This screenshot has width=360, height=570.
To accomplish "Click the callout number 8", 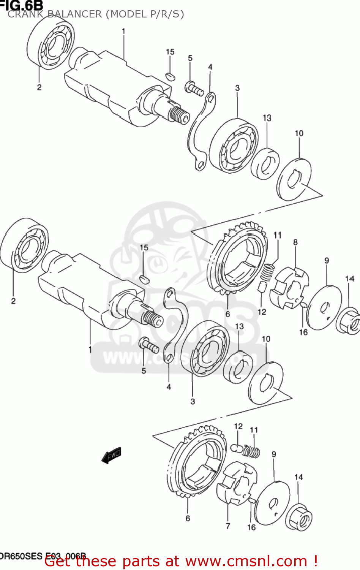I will tap(295, 242).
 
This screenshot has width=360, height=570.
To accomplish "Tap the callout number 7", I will tap(227, 526).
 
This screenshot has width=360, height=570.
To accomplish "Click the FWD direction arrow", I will tap(111, 454).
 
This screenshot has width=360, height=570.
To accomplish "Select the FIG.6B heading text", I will tap(22, 5).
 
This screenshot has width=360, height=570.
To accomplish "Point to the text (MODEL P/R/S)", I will tap(145, 14).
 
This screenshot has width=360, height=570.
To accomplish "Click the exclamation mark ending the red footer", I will tap(315, 561).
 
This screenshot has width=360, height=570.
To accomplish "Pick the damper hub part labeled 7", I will tap(236, 483).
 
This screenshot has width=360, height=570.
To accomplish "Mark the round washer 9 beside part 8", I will tap(324, 307).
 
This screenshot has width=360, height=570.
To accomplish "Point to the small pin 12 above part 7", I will tap(237, 447).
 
